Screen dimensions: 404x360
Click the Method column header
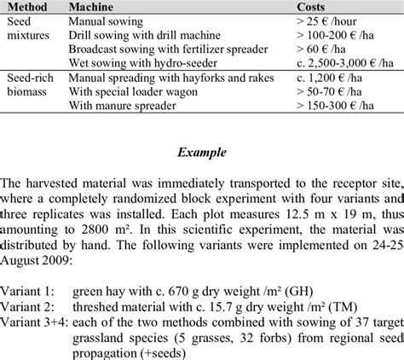tap(27, 7)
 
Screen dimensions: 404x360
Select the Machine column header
tap(94, 7)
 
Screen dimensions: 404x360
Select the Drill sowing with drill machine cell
tap(144, 35)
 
